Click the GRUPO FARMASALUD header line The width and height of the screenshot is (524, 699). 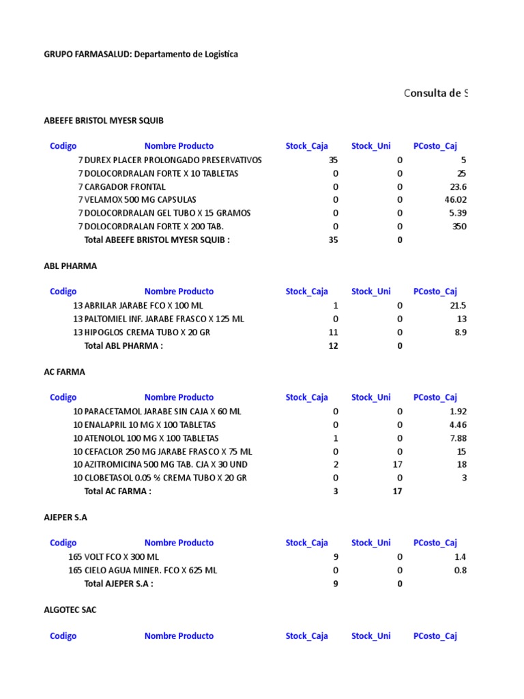pos(141,54)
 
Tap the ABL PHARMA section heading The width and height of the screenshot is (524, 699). pos(70,266)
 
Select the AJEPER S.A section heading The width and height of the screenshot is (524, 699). pos(65,517)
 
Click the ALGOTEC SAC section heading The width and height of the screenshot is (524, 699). pos(70,610)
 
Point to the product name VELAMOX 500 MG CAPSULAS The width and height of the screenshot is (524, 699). pos(140,200)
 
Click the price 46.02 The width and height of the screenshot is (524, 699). pos(455,200)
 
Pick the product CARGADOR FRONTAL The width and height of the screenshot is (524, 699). pos(125,186)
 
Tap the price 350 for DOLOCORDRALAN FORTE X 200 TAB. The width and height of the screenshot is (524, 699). pos(459,227)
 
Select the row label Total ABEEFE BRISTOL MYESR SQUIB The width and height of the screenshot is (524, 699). pos(157,240)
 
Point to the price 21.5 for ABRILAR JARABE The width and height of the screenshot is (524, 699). pos(458,306)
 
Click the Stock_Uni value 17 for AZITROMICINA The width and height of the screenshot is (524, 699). pos(398,464)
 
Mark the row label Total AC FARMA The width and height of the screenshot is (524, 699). pos(117,491)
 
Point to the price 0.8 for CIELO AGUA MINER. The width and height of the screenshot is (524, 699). pos(461,570)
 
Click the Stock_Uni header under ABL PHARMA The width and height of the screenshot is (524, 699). pos(371,291)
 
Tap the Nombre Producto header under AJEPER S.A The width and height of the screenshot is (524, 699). pos(179,543)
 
